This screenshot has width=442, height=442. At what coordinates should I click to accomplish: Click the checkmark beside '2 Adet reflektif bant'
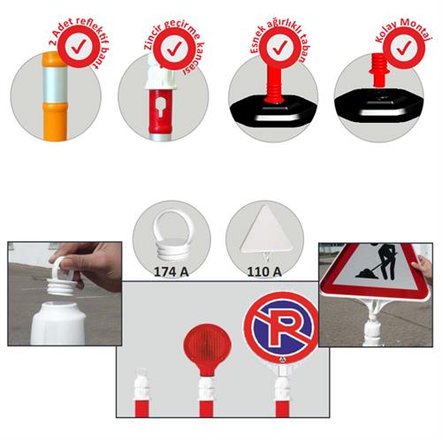point(78,46)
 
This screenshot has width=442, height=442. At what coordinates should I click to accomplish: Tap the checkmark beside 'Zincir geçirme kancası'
point(174,49)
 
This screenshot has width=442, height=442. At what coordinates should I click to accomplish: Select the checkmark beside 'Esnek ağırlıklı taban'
point(279,47)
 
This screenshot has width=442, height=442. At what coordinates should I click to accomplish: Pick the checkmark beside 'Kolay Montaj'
point(404,47)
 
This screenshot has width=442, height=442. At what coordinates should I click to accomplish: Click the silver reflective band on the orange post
point(55,84)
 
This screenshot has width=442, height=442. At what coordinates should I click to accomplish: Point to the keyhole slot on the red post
point(160,108)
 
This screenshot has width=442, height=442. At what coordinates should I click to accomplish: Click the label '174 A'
point(171,272)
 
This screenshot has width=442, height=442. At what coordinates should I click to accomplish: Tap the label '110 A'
point(264,272)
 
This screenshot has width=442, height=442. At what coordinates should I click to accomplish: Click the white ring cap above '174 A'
point(171,236)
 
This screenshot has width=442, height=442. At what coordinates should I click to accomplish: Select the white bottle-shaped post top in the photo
point(58,323)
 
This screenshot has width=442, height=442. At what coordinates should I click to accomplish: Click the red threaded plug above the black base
point(379,69)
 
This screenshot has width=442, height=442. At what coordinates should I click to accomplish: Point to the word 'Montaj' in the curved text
point(416,32)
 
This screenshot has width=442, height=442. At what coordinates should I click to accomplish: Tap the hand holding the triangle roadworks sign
point(423,270)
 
